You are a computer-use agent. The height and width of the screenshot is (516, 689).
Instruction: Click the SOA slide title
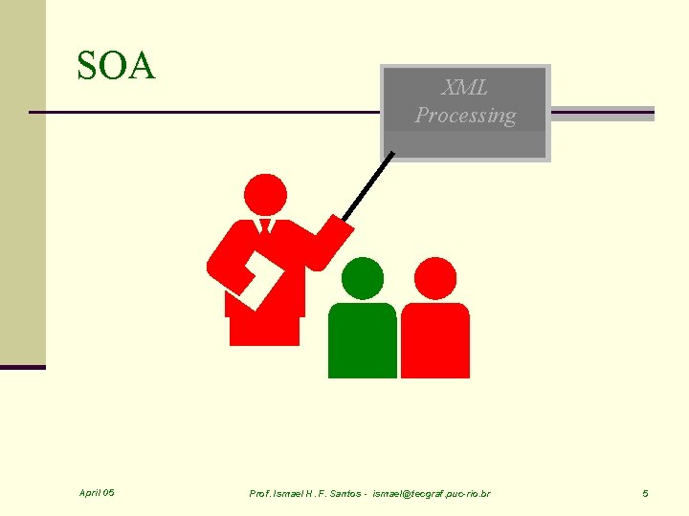[116, 67]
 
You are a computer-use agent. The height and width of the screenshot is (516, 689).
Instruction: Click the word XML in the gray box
[465, 88]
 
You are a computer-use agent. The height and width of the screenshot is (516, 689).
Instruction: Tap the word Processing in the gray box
[465, 116]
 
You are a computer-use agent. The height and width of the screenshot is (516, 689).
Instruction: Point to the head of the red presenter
[265, 195]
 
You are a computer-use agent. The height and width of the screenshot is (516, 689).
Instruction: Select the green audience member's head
[363, 278]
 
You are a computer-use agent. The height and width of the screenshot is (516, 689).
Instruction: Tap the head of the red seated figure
[436, 278]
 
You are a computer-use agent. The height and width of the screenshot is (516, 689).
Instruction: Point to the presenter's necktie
[265, 227]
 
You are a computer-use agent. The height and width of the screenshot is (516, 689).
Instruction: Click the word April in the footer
[91, 493]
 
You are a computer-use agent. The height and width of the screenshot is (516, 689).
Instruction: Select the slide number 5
[645, 493]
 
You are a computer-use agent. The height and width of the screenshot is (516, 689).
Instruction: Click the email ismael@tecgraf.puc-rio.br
[431, 493]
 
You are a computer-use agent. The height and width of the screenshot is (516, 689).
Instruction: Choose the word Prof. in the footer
[260, 493]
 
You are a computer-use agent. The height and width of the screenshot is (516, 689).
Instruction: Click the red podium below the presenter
[264, 330]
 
